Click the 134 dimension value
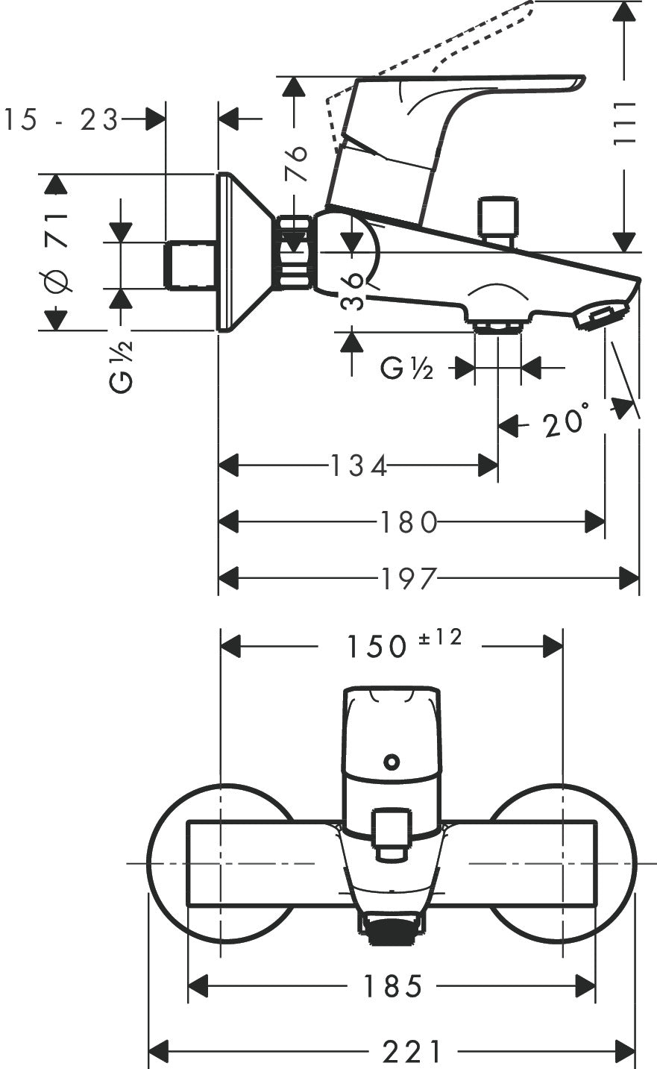pos(358,466)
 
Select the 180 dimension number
pos(409,522)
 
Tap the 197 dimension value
pos(409,578)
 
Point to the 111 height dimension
pos(624,122)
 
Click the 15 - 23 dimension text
pos(60,119)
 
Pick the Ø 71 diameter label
pos(58,253)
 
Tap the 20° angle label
pos(566,421)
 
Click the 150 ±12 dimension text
pos(404,645)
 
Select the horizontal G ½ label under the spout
pos(406,369)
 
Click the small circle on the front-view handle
pos(392,761)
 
